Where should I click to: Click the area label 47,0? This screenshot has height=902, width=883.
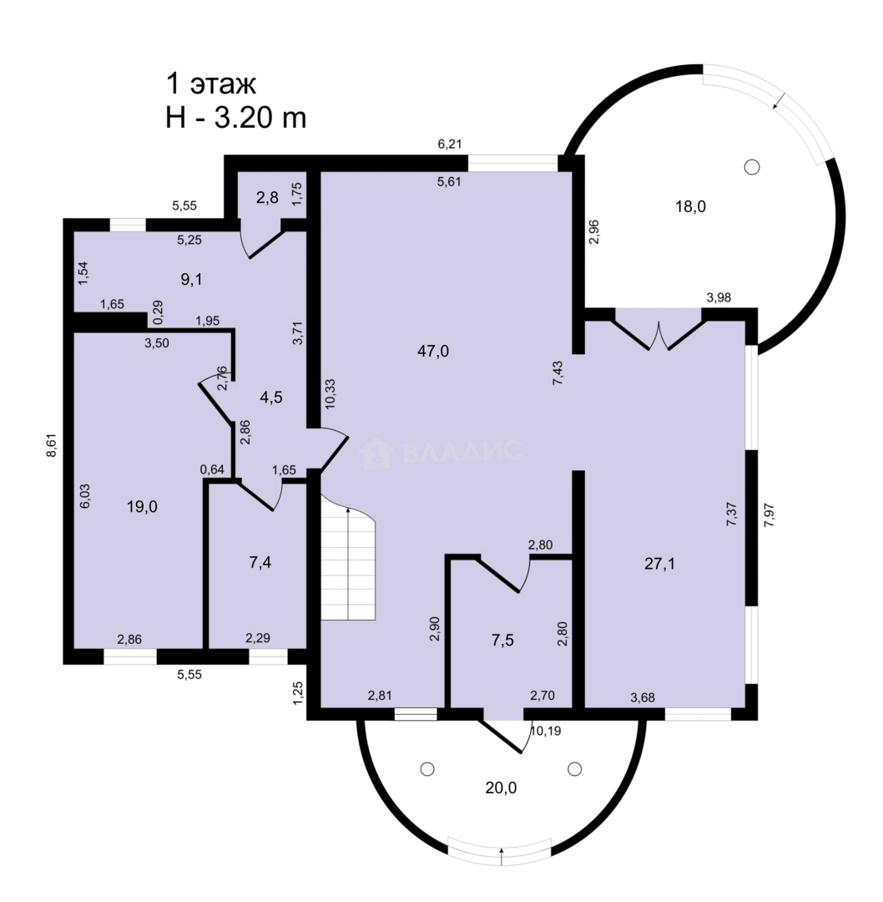pos(433,351)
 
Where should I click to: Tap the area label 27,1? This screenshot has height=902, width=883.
pos(659,564)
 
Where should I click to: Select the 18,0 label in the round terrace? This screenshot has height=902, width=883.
pos(690,206)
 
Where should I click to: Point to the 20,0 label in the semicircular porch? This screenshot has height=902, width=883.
pos(501,788)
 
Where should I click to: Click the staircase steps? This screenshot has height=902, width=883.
pos(348,561)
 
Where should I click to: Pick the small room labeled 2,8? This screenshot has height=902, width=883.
pos(267,198)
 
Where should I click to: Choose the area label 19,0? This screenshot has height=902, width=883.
pos(142,507)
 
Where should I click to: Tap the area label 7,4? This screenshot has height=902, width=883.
pos(260,563)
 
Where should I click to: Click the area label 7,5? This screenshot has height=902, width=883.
pos(502,641)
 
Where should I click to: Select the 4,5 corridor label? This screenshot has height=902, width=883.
pos(270,397)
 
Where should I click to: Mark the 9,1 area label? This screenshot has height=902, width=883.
pos(191,280)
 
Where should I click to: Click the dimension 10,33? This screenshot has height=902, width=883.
pos(330,393)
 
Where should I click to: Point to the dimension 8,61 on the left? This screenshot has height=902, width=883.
pos(52,445)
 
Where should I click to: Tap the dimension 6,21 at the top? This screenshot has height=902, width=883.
pos(450,144)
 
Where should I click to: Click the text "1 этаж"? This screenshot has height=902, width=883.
pos(211,84)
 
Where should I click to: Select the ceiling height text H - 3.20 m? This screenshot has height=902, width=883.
pos(235,118)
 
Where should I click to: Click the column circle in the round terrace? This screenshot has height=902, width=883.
pos(752,167)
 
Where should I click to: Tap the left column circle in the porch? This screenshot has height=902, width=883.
pos(427,769)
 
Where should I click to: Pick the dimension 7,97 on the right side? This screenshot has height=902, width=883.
pos(769,514)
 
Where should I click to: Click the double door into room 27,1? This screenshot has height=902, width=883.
pos(658,330)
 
